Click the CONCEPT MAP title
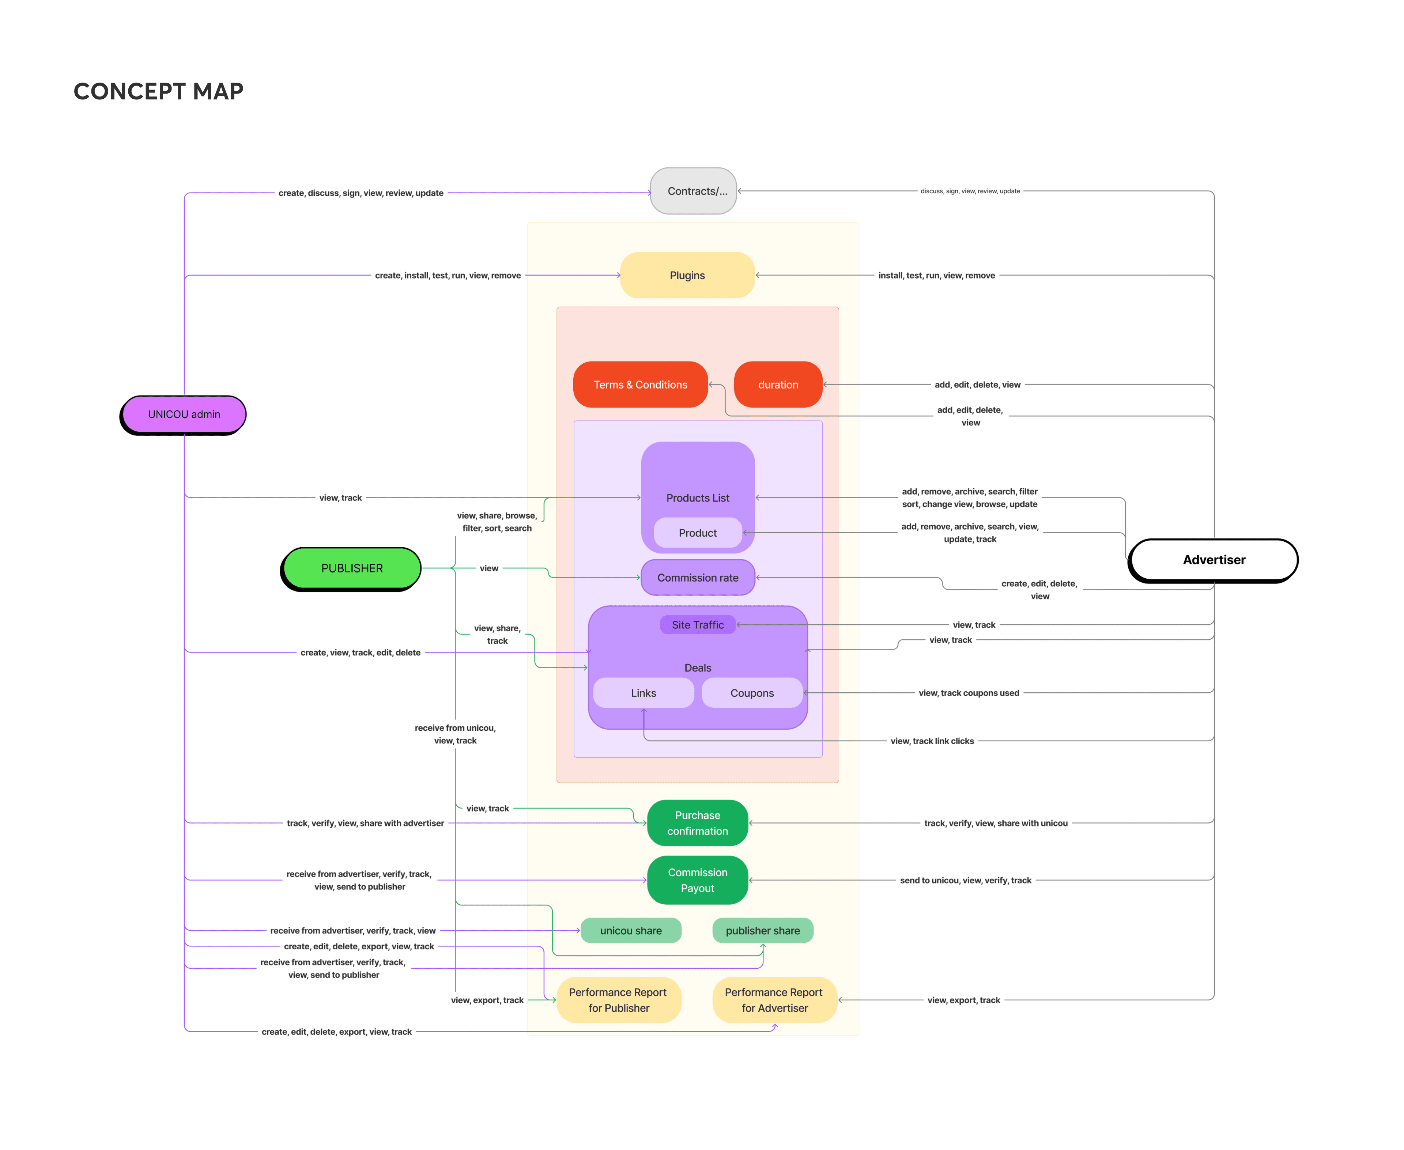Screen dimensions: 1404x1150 pyautogui.click(x=158, y=91)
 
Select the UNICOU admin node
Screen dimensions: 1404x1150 pyautogui.click(x=184, y=415)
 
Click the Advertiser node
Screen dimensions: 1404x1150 pyautogui.click(x=1213, y=560)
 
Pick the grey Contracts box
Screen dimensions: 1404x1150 pyautogui.click(x=693, y=191)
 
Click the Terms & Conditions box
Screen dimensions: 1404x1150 pyautogui.click(x=640, y=384)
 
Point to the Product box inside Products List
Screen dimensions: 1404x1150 pyautogui.click(x=698, y=533)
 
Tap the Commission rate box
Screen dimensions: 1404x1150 pyautogui.click(x=698, y=578)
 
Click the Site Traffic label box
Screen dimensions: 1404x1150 pyautogui.click(x=698, y=625)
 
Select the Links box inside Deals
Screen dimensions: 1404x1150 pyautogui.click(x=643, y=693)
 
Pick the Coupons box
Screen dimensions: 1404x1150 pyautogui.click(x=752, y=693)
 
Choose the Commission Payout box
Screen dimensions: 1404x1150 pyautogui.click(x=698, y=880)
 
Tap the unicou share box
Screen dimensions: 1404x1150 pyautogui.click(x=631, y=931)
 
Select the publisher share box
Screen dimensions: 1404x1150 pyautogui.click(x=763, y=931)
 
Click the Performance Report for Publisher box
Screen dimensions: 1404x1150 pyautogui.click(x=618, y=1000)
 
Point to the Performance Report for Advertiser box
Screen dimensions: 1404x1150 pyautogui.click(x=774, y=1000)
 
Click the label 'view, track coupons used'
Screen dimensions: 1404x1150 pyautogui.click(x=969, y=693)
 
